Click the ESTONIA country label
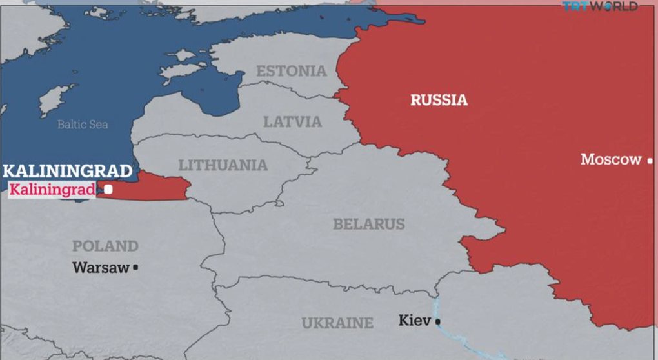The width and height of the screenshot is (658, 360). [x=292, y=71]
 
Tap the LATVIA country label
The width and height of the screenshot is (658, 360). [x=292, y=121]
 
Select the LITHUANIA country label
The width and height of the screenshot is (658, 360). [x=223, y=165]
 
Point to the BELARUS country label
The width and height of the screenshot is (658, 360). [x=369, y=224]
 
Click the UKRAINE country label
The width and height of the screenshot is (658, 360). [x=337, y=323]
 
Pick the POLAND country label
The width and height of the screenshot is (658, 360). [x=105, y=246]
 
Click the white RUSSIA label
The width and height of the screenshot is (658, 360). [x=439, y=100]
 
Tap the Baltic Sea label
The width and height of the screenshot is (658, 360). [x=83, y=125]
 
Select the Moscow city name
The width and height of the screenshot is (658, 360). [x=611, y=159]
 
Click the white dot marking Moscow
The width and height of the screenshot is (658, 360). [x=650, y=161]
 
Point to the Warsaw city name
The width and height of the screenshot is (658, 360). [x=101, y=267]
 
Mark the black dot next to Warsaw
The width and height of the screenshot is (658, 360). [x=135, y=267]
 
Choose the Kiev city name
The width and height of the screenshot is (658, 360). [x=414, y=320]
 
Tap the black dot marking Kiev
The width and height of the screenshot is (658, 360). [x=438, y=321]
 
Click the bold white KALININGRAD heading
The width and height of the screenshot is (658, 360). [x=67, y=172]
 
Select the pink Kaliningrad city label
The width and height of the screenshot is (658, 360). [x=52, y=189]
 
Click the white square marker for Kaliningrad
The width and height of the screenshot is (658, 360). [x=108, y=189]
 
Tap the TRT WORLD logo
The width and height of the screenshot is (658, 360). [x=600, y=6]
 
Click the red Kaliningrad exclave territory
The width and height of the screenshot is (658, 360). [x=155, y=187]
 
